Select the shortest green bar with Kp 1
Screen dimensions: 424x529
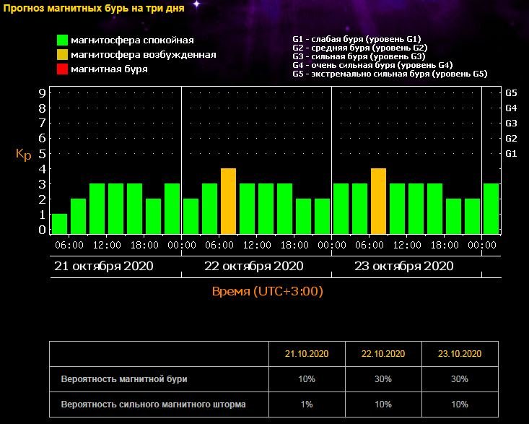point(59,223)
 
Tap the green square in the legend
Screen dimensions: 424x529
point(63,40)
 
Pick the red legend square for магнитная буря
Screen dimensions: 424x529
point(63,69)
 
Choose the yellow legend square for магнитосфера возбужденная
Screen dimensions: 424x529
point(63,55)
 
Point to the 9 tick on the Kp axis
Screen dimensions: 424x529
point(43,93)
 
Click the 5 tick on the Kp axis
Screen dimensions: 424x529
point(43,153)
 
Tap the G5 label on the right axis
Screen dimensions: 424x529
point(511,93)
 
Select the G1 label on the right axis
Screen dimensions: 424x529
point(511,153)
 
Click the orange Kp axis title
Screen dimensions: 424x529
point(23,154)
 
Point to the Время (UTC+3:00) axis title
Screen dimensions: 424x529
point(267,292)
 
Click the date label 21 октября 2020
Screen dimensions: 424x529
point(104,266)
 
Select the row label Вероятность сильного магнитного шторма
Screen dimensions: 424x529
point(154,404)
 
